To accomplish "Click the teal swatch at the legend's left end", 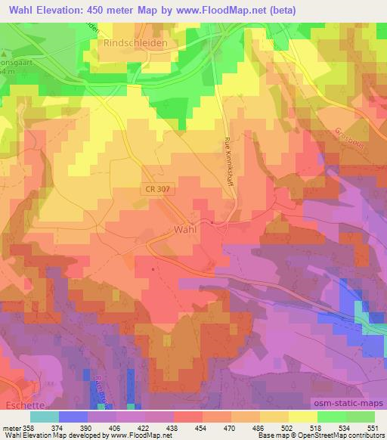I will pyautogui.click(x=45, y=416).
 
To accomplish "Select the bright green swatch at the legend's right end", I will pyautogui.click(x=360, y=416).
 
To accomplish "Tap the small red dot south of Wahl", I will pyautogui.click(x=153, y=268).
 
